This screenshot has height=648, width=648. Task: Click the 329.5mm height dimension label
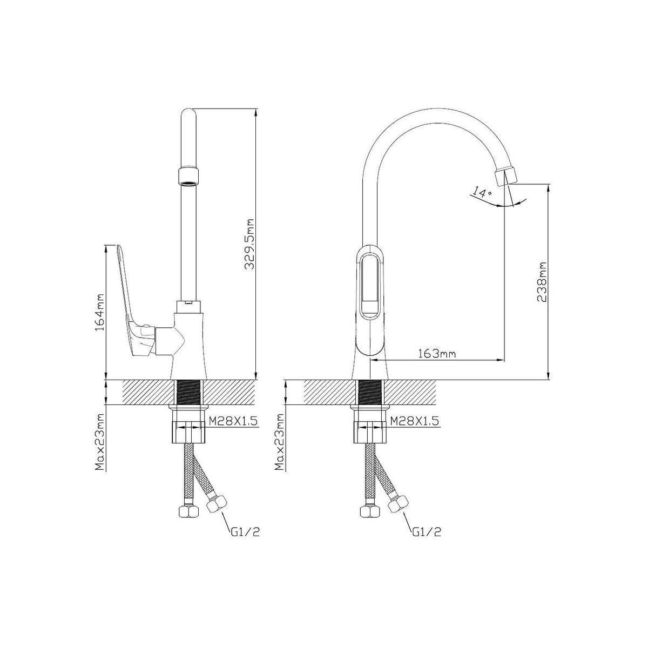click(249, 245)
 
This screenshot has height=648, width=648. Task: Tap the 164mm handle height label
click(100, 312)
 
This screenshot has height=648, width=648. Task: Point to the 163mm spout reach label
click(437, 354)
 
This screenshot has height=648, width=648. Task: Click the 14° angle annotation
click(482, 193)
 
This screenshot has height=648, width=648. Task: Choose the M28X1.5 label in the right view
click(414, 421)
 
